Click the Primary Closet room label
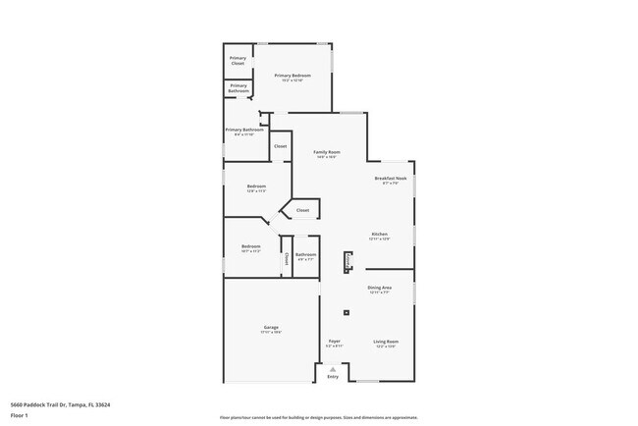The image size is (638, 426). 238,61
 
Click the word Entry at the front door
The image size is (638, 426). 333,377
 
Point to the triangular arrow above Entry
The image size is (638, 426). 333,369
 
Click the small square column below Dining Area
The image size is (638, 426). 346,313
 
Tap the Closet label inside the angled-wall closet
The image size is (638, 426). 302,210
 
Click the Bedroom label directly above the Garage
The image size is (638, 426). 250,247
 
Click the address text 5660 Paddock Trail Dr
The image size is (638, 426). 60,404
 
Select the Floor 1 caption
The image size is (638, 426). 20,415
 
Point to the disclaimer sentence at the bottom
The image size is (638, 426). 318,417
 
